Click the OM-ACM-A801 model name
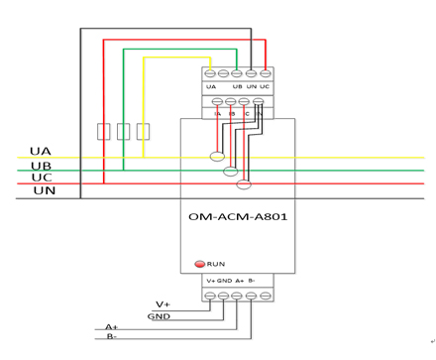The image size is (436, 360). tap(238, 215)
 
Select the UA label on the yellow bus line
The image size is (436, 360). tap(41, 152)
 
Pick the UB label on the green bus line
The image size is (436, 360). tap(41, 165)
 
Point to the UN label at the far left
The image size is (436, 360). tap(44, 189)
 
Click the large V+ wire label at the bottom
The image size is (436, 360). tap(163, 303)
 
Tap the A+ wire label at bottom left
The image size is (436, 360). tap(112, 326)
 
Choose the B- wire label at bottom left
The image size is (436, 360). tap(113, 337)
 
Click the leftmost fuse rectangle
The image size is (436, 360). tap(103, 131)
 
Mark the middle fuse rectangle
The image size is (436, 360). tap(123, 131)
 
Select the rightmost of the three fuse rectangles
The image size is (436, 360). tap(143, 131)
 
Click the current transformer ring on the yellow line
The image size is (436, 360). tap(216, 156)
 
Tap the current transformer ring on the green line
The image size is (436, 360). tap(231, 171)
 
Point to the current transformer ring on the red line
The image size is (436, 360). tap(245, 182)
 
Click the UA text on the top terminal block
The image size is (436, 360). tap(211, 87)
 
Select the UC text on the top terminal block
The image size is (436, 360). tap(265, 87)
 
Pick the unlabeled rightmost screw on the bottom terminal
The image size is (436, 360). tap(265, 295)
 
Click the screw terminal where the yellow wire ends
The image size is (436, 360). tap(210, 72)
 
